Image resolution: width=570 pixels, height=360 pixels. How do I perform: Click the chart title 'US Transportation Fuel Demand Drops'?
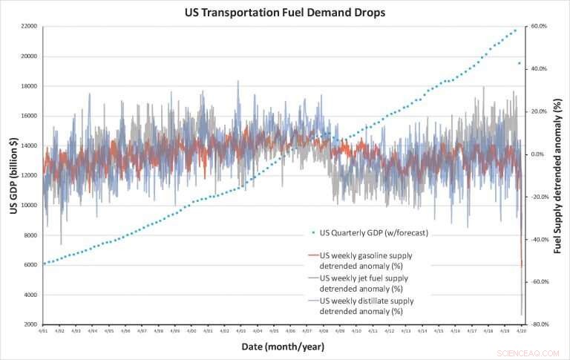285,12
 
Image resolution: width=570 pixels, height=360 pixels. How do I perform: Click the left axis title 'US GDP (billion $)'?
13,177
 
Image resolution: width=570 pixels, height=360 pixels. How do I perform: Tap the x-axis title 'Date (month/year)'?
281,347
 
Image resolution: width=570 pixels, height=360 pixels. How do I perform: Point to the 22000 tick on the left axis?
29,27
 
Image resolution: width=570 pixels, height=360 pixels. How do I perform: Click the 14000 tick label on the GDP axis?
29,146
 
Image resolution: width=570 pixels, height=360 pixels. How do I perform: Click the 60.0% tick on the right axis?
537,27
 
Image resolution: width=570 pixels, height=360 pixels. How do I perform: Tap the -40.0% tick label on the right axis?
537,240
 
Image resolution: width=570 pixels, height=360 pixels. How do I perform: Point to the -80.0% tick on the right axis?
537,325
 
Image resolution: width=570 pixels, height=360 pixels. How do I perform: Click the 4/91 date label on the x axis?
43,332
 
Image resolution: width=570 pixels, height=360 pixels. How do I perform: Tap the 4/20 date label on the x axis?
521,332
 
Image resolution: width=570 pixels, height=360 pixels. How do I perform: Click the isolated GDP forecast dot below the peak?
520,64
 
